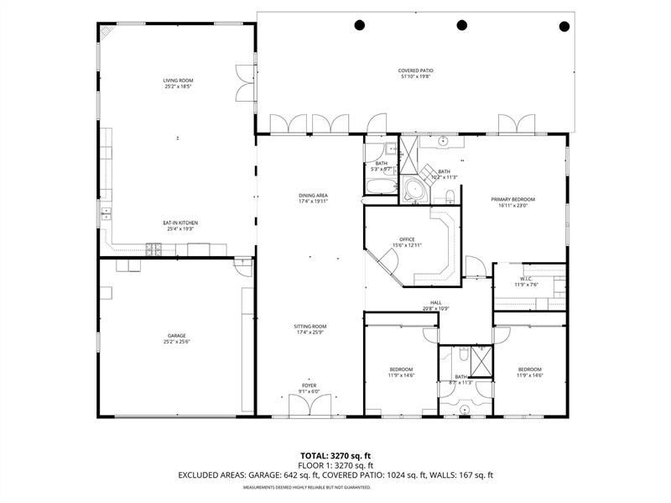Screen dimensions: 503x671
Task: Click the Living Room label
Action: (x=178, y=83)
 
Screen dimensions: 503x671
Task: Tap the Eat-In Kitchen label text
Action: (x=180, y=225)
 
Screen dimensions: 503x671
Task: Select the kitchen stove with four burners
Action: (x=154, y=248)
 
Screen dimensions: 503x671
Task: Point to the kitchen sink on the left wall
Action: (x=107, y=216)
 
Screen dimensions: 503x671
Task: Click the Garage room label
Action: (x=176, y=338)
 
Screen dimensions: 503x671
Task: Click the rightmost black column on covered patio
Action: (x=564, y=25)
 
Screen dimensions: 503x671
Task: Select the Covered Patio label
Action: (x=416, y=73)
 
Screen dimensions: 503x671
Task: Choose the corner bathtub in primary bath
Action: (x=414, y=190)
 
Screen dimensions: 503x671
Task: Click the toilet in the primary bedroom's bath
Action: (x=450, y=196)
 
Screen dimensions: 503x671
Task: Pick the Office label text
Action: (x=408, y=242)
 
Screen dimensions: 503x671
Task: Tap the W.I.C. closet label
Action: (x=526, y=281)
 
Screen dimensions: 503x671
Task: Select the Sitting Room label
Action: (x=309, y=328)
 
